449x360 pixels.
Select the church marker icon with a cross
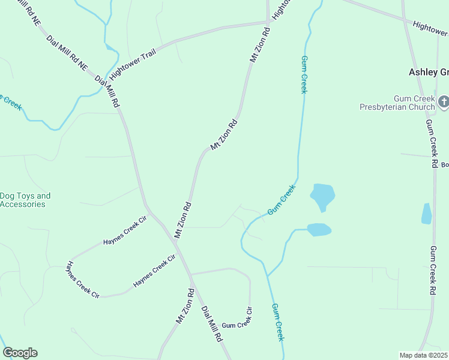coord(444,101)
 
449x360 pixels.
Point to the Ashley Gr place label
coord(429,72)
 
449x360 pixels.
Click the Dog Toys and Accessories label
coord(25,200)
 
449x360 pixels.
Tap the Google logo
coord(20,353)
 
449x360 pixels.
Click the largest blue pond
coord(322,196)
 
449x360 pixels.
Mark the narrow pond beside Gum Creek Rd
coord(426,214)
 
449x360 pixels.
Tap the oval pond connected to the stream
coord(319,229)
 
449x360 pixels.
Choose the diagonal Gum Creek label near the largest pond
coord(282,200)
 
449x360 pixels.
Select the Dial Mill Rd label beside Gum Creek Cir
coord(212,324)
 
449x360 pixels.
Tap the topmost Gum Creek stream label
coord(304,74)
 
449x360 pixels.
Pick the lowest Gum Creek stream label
coord(277,322)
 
